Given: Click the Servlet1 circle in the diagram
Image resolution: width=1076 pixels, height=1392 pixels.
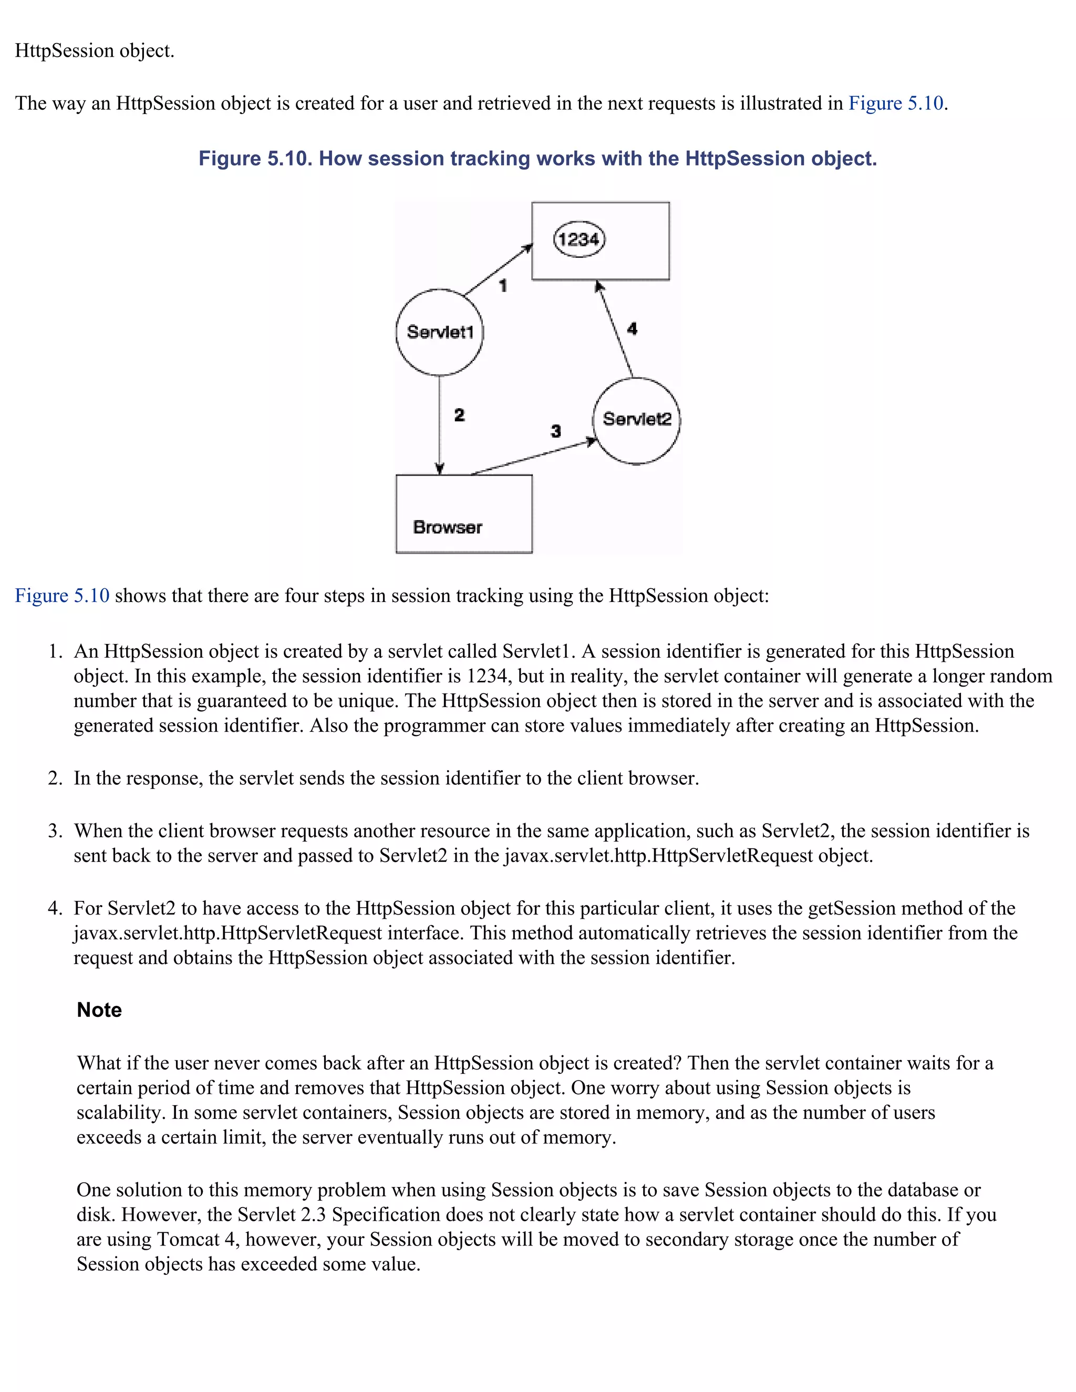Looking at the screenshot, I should pos(439,332).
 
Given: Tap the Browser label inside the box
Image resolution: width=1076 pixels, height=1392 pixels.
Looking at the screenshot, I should pos(448,527).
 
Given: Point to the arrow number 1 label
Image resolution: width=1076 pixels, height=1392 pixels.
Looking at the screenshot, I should pos(503,286).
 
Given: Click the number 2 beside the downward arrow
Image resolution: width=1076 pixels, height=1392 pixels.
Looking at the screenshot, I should pos(459,415).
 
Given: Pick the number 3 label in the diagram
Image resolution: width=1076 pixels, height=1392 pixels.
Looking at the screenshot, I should pos(556,431).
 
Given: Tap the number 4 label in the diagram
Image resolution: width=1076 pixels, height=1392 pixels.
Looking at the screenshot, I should pos(632,329).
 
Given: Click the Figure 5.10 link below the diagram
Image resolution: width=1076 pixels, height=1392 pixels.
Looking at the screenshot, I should pos(63,596).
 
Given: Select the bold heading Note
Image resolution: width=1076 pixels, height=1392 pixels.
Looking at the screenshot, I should pos(99,1010).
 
